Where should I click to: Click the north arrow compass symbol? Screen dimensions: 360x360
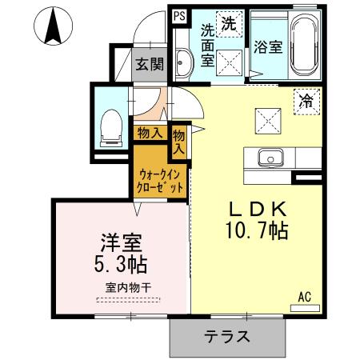tap(54, 27)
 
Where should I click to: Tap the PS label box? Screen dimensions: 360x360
tap(178, 14)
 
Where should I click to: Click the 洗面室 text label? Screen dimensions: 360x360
tap(207, 46)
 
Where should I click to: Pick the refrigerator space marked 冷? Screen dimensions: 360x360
tap(306, 100)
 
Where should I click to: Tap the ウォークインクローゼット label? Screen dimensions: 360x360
tap(161, 180)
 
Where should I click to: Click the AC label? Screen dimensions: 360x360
tap(305, 296)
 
